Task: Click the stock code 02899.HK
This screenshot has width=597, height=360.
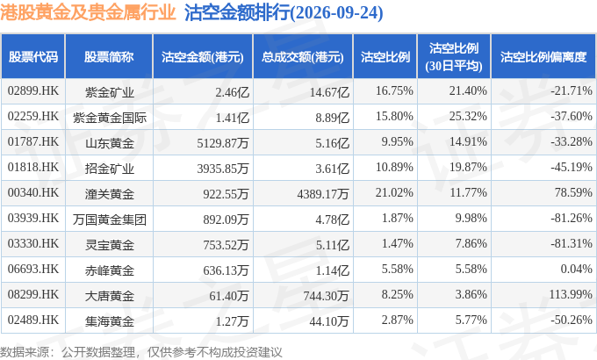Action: click(x=33, y=91)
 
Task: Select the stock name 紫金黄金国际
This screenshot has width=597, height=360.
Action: click(x=110, y=118)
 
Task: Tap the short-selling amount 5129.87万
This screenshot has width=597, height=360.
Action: click(x=223, y=143)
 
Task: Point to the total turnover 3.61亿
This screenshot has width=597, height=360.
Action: click(x=332, y=169)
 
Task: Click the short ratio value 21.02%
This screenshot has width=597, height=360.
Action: click(x=394, y=193)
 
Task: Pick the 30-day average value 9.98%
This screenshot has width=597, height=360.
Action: click(x=471, y=219)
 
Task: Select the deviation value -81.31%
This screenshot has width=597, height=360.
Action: click(x=572, y=244)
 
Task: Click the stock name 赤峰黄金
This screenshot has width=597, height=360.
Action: click(x=110, y=270)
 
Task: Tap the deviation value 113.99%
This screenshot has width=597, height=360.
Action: click(x=571, y=294)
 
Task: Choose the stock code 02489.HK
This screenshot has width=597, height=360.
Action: click(x=33, y=320)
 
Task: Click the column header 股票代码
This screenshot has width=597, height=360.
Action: click(x=33, y=57)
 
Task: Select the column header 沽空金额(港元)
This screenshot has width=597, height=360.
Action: click(x=203, y=57)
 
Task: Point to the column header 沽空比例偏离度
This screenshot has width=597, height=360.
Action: click(x=543, y=57)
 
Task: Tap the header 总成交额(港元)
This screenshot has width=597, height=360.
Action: click(x=303, y=57)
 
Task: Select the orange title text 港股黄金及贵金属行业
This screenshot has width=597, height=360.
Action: click(x=88, y=12)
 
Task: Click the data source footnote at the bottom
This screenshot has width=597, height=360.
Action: click(x=141, y=352)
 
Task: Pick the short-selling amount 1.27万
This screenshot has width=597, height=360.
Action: click(x=233, y=321)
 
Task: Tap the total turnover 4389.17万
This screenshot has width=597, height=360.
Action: click(x=323, y=194)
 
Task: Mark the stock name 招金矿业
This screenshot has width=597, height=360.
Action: click(x=110, y=169)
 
